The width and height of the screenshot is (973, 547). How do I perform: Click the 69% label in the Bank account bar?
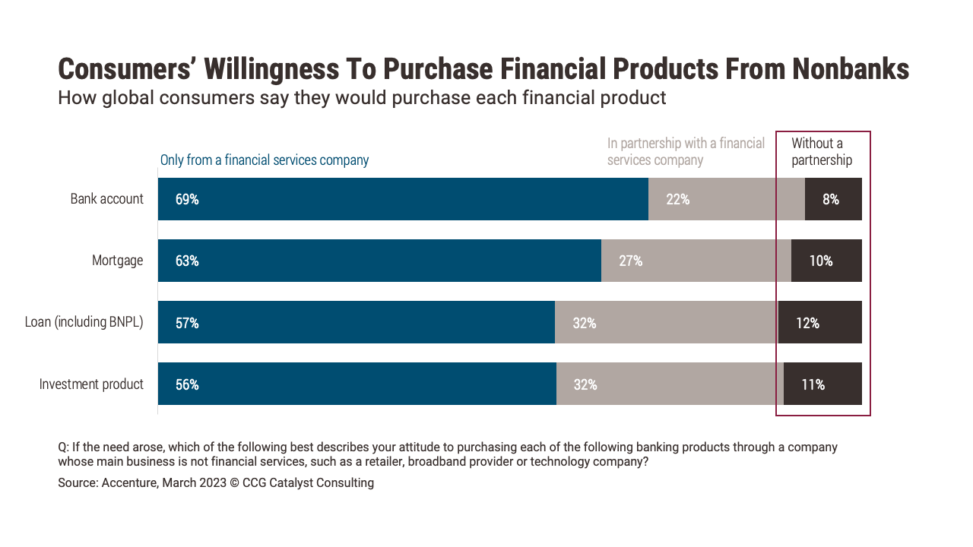tap(187, 199)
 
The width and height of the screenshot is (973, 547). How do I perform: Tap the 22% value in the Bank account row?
tap(677, 199)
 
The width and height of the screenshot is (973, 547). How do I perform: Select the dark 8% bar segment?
tap(833, 199)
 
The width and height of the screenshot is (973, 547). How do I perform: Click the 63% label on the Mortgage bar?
tap(187, 261)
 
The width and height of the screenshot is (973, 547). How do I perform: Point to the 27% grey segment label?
tap(630, 261)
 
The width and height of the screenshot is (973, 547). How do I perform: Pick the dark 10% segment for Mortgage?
tap(826, 261)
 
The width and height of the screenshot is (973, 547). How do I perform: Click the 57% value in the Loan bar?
tap(187, 323)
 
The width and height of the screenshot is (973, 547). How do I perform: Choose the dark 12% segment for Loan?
tap(819, 322)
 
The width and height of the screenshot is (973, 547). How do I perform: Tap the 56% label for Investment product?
tap(187, 384)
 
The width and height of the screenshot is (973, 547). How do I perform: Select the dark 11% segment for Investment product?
tap(822, 384)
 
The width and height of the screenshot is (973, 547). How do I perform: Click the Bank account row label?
tap(107, 199)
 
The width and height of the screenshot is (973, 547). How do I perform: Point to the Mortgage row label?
tap(117, 261)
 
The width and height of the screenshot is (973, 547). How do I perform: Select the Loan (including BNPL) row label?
tap(84, 322)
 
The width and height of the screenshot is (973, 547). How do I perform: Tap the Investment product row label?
tap(91, 384)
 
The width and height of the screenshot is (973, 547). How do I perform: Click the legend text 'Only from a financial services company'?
tap(264, 160)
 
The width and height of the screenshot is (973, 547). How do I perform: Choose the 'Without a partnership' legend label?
tap(822, 151)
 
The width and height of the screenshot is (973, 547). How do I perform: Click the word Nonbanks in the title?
tap(851, 69)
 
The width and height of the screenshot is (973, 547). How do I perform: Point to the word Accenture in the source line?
tap(129, 482)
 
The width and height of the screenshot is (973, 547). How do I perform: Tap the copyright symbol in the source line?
tap(234, 483)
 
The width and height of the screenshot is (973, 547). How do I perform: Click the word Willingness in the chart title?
tap(271, 70)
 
